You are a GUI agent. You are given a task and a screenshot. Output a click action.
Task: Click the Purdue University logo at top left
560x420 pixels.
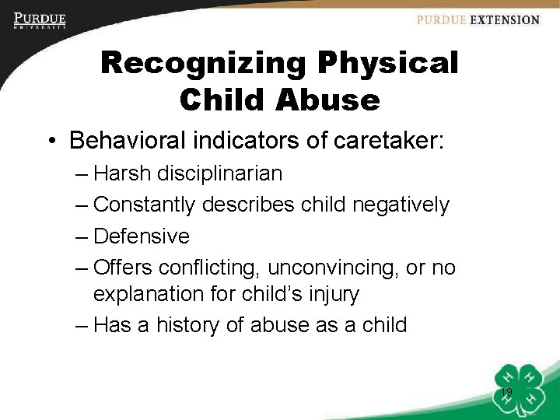coord(40,20)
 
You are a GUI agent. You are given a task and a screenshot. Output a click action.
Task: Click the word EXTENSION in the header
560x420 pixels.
coord(504,20)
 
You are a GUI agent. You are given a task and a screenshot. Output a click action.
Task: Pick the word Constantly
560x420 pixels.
coord(145,205)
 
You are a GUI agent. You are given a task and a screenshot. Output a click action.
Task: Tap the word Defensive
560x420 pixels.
coord(142,236)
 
